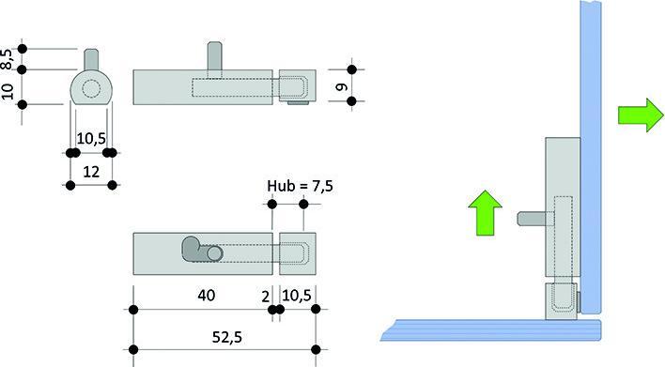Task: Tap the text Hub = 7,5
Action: point(300,186)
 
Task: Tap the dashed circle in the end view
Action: point(91,89)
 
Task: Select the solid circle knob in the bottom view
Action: point(215,253)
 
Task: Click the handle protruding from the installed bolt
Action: point(531,220)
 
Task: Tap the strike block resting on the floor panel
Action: point(563,299)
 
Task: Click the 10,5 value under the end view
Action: point(91,139)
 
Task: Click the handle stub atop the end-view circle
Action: point(91,58)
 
